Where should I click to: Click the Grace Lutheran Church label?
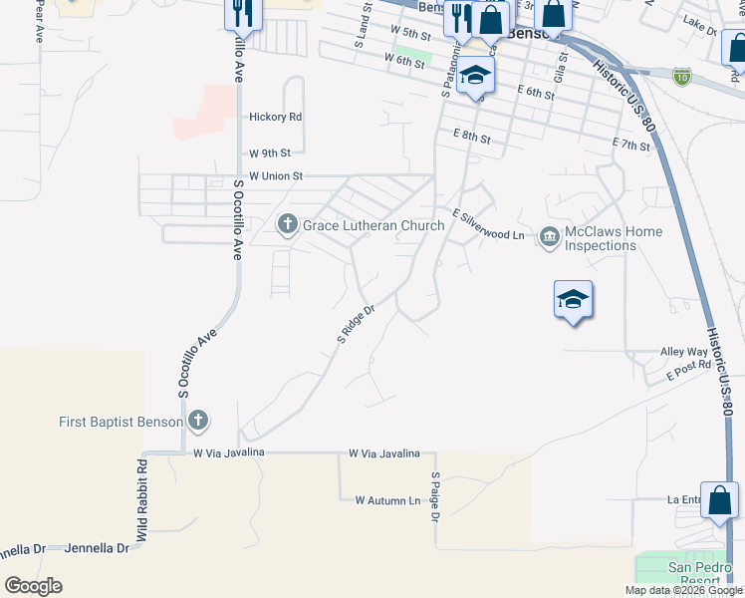pyautogui.click(x=373, y=225)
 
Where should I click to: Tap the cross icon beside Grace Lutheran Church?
pyautogui.click(x=288, y=224)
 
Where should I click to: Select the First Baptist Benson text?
pyautogui.click(x=122, y=422)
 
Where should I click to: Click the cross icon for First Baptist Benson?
pyautogui.click(x=198, y=422)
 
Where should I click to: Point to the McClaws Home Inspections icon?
pyautogui.click(x=549, y=237)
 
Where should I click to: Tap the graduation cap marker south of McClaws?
pyautogui.click(x=574, y=299)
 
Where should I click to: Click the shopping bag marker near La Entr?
pyautogui.click(x=719, y=500)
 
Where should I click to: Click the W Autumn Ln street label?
pyautogui.click(x=387, y=500)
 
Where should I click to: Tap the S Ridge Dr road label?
pyautogui.click(x=355, y=325)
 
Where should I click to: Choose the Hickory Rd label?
pyautogui.click(x=276, y=117)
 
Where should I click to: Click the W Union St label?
pyautogui.click(x=275, y=176)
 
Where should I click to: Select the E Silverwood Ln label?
pyautogui.click(x=488, y=225)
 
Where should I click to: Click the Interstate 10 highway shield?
pyautogui.click(x=681, y=76)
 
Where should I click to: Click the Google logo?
pyautogui.click(x=33, y=586)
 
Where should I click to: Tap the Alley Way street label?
pyautogui.click(x=684, y=352)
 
